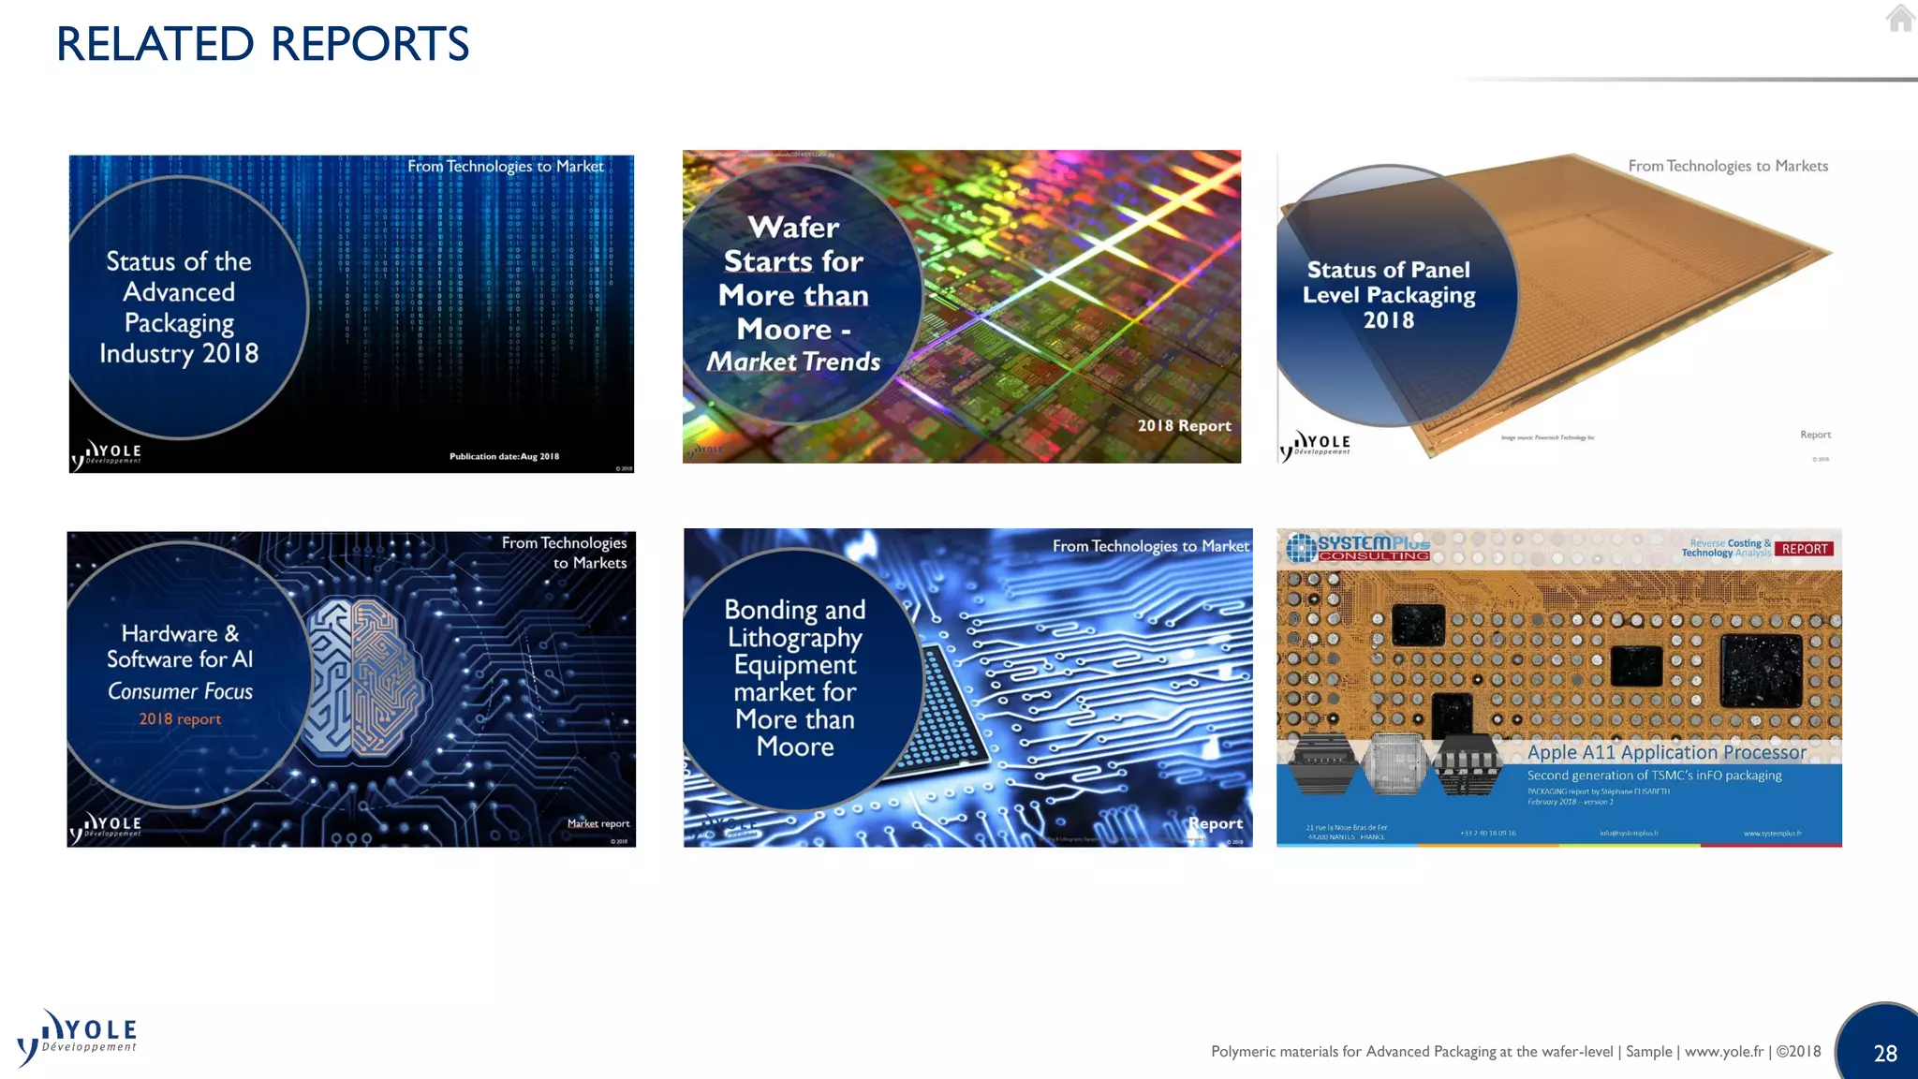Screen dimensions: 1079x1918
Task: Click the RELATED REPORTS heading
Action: (x=262, y=44)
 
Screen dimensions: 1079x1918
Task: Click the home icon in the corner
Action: (x=1899, y=18)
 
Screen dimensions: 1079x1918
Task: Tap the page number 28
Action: (x=1884, y=1054)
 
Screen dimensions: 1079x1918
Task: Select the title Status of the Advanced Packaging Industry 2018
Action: (x=179, y=307)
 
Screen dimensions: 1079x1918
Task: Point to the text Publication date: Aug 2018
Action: (x=504, y=457)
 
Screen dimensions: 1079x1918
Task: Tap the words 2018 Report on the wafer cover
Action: (x=1184, y=426)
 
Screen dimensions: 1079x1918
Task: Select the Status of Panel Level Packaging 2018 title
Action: (x=1389, y=295)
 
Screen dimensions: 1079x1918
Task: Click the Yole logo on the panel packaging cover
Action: (x=1316, y=444)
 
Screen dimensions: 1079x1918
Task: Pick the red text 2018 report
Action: (x=180, y=719)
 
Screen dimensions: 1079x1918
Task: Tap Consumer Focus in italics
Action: (x=180, y=692)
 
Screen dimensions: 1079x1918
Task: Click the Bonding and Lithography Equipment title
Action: (x=794, y=677)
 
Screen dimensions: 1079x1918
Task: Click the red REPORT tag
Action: (x=1804, y=549)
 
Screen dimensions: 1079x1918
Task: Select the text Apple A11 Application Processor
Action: (x=1666, y=752)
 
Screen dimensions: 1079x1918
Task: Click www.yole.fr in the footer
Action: (x=1723, y=1052)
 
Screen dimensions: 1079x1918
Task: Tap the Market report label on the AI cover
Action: (x=598, y=824)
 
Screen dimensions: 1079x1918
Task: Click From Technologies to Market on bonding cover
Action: (x=1150, y=546)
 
